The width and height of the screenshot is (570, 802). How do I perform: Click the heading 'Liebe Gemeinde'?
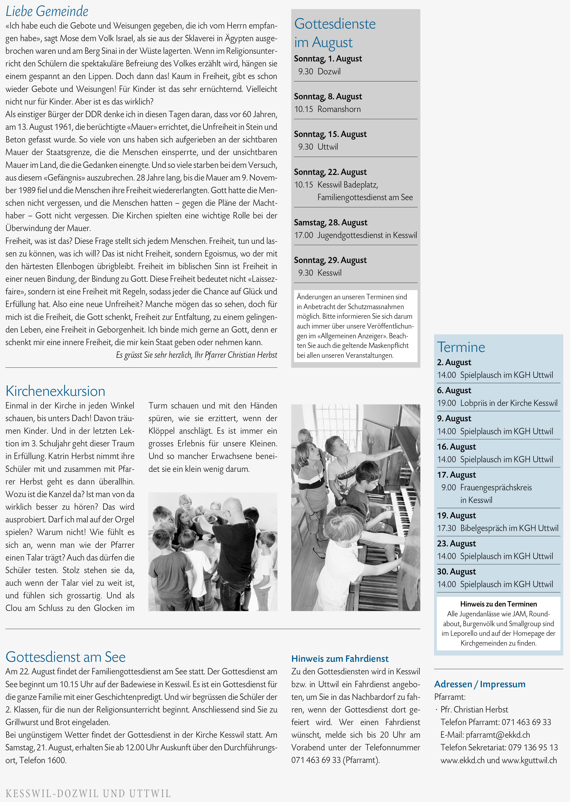click(x=47, y=11)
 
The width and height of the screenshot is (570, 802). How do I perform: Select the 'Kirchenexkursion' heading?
click(x=55, y=391)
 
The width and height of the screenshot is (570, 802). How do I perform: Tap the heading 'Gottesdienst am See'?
click(x=66, y=657)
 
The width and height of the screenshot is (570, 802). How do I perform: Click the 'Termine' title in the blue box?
click(x=461, y=347)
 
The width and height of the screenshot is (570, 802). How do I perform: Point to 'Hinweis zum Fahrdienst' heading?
click(x=340, y=658)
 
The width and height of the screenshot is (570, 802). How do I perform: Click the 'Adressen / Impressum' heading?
click(x=480, y=684)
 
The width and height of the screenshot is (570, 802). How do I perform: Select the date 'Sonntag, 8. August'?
click(x=328, y=97)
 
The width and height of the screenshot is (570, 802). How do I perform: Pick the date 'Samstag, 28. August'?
click(x=331, y=223)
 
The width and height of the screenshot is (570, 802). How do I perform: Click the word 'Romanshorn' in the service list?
click(x=339, y=109)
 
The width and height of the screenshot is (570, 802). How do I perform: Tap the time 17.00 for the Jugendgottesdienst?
click(x=304, y=235)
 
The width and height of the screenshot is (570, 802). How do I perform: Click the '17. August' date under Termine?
click(x=456, y=475)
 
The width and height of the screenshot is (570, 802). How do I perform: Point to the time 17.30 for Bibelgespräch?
click(x=447, y=528)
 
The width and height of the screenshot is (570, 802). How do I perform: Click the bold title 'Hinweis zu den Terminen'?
click(x=498, y=604)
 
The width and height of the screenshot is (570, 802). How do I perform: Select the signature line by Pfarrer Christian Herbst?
click(x=197, y=355)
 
